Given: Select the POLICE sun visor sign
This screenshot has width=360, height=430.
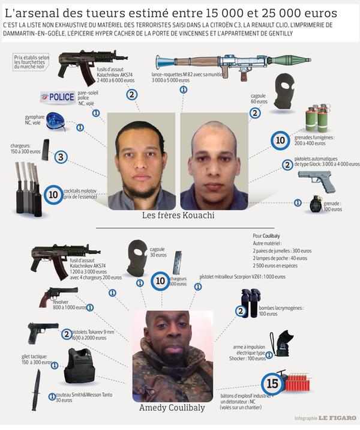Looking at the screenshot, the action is coord(58,97).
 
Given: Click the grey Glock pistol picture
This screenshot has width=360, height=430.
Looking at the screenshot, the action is coord(316,180).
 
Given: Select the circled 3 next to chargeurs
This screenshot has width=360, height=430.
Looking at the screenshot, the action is coord(61,157).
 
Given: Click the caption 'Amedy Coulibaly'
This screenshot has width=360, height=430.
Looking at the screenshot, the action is coord(172,408).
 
